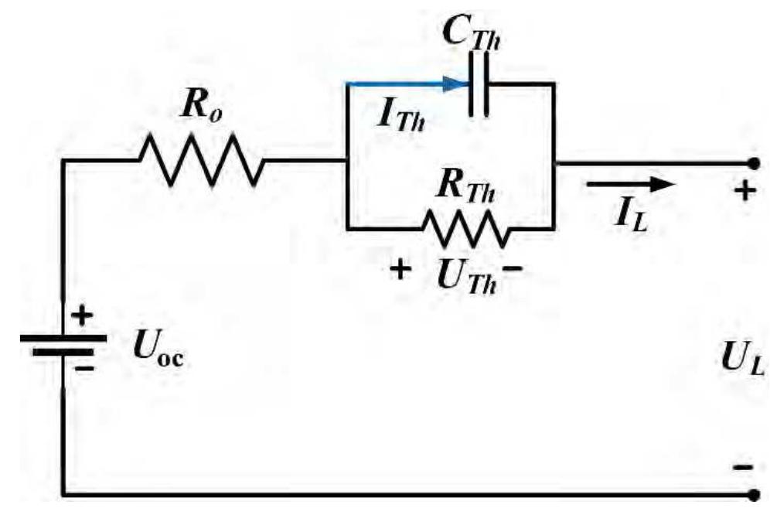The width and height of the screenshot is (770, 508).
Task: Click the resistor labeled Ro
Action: [x=202, y=161]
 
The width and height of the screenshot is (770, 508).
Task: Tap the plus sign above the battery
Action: [x=83, y=315]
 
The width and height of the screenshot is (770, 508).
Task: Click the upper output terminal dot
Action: [x=752, y=163]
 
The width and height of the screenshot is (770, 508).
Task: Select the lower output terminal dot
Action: [x=752, y=493]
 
